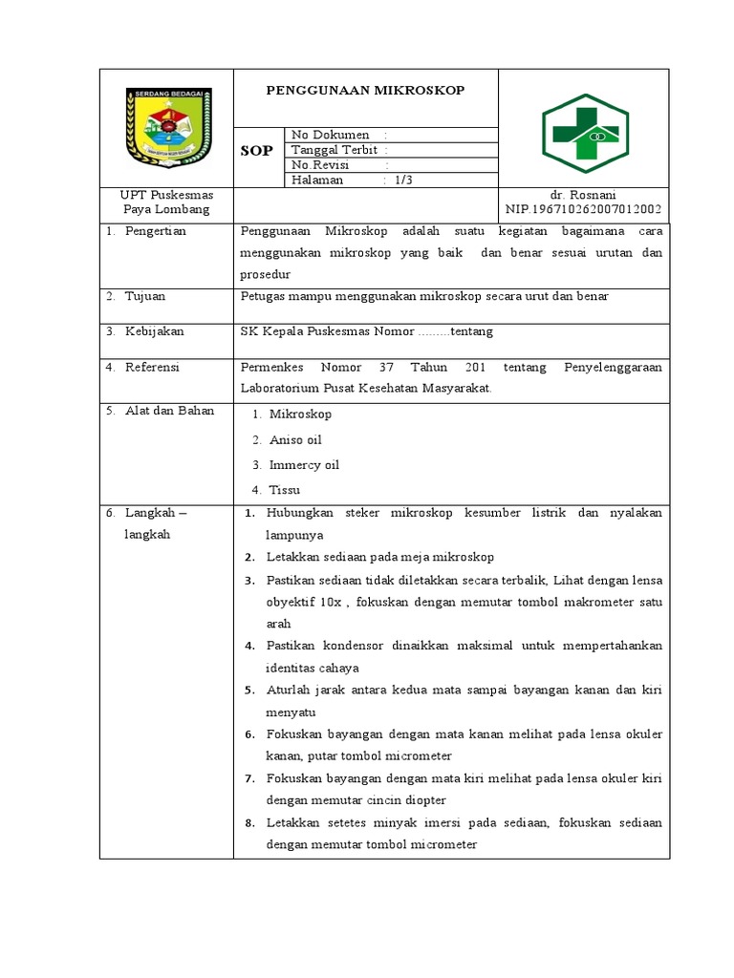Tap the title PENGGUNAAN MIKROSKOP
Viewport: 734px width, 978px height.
coord(365,91)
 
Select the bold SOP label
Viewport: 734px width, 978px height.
coord(256,151)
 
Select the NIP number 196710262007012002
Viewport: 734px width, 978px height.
coord(583,209)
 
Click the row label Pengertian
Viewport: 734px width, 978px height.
coord(155,231)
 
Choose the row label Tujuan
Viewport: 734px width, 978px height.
coord(146,296)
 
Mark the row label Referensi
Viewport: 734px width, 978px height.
coord(152,367)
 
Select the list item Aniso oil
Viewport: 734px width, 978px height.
coord(295,440)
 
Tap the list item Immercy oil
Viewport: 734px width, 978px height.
coord(304,465)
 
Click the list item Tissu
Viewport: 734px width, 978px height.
coord(284,490)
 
